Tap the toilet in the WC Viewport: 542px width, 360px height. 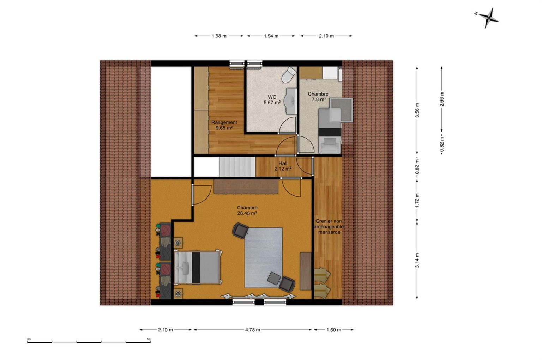[289, 74]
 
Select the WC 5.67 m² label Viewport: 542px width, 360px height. [272, 100]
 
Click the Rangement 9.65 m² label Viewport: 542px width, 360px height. [224, 125]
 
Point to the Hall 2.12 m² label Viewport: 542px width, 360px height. [283, 166]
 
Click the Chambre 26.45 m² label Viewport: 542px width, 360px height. [247, 210]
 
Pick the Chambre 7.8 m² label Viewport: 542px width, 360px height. [318, 97]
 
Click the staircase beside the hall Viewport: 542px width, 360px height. [237, 167]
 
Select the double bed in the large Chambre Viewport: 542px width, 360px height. [198, 267]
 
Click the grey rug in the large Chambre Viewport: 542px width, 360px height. [264, 257]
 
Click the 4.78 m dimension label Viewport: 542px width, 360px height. [253, 330]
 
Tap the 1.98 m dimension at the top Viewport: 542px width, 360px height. [219, 36]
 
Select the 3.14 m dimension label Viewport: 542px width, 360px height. [417, 260]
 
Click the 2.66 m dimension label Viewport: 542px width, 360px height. [442, 99]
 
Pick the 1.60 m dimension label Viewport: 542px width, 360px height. [334, 330]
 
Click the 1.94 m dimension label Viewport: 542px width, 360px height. [271, 36]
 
